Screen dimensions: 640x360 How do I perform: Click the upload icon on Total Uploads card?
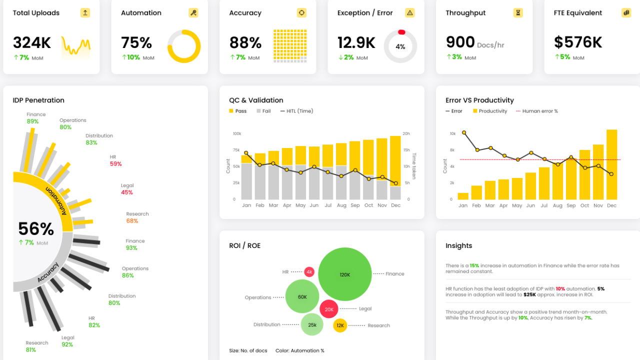coord(85,13)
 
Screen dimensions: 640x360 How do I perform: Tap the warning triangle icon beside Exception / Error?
coord(409,13)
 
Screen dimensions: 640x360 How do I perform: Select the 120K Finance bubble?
coord(345,274)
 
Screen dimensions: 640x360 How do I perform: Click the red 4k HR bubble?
coord(309,272)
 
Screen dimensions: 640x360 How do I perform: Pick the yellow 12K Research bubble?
coord(340,325)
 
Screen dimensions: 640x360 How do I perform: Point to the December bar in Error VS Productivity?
coord(611,164)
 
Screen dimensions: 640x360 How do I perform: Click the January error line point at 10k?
coord(464,132)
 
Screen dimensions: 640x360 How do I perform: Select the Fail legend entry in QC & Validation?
coord(263,111)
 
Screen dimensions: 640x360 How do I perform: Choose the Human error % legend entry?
coord(537,111)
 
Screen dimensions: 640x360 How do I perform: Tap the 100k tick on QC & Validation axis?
coord(237,133)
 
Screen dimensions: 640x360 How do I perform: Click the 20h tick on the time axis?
coord(406,133)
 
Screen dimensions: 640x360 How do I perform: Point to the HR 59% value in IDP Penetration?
coord(115,164)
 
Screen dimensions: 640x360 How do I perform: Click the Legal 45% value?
coord(127,192)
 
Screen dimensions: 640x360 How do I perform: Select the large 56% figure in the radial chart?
coord(36,229)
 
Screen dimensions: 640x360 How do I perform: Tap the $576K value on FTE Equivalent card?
coord(578,42)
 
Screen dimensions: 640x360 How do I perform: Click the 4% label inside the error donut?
coord(400,46)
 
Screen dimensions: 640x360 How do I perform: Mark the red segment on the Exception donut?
coord(401,32)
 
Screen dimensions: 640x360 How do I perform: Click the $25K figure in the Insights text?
coord(529,294)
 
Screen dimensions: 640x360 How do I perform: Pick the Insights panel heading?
coord(458,245)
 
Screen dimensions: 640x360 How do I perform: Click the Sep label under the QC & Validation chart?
coord(355,205)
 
